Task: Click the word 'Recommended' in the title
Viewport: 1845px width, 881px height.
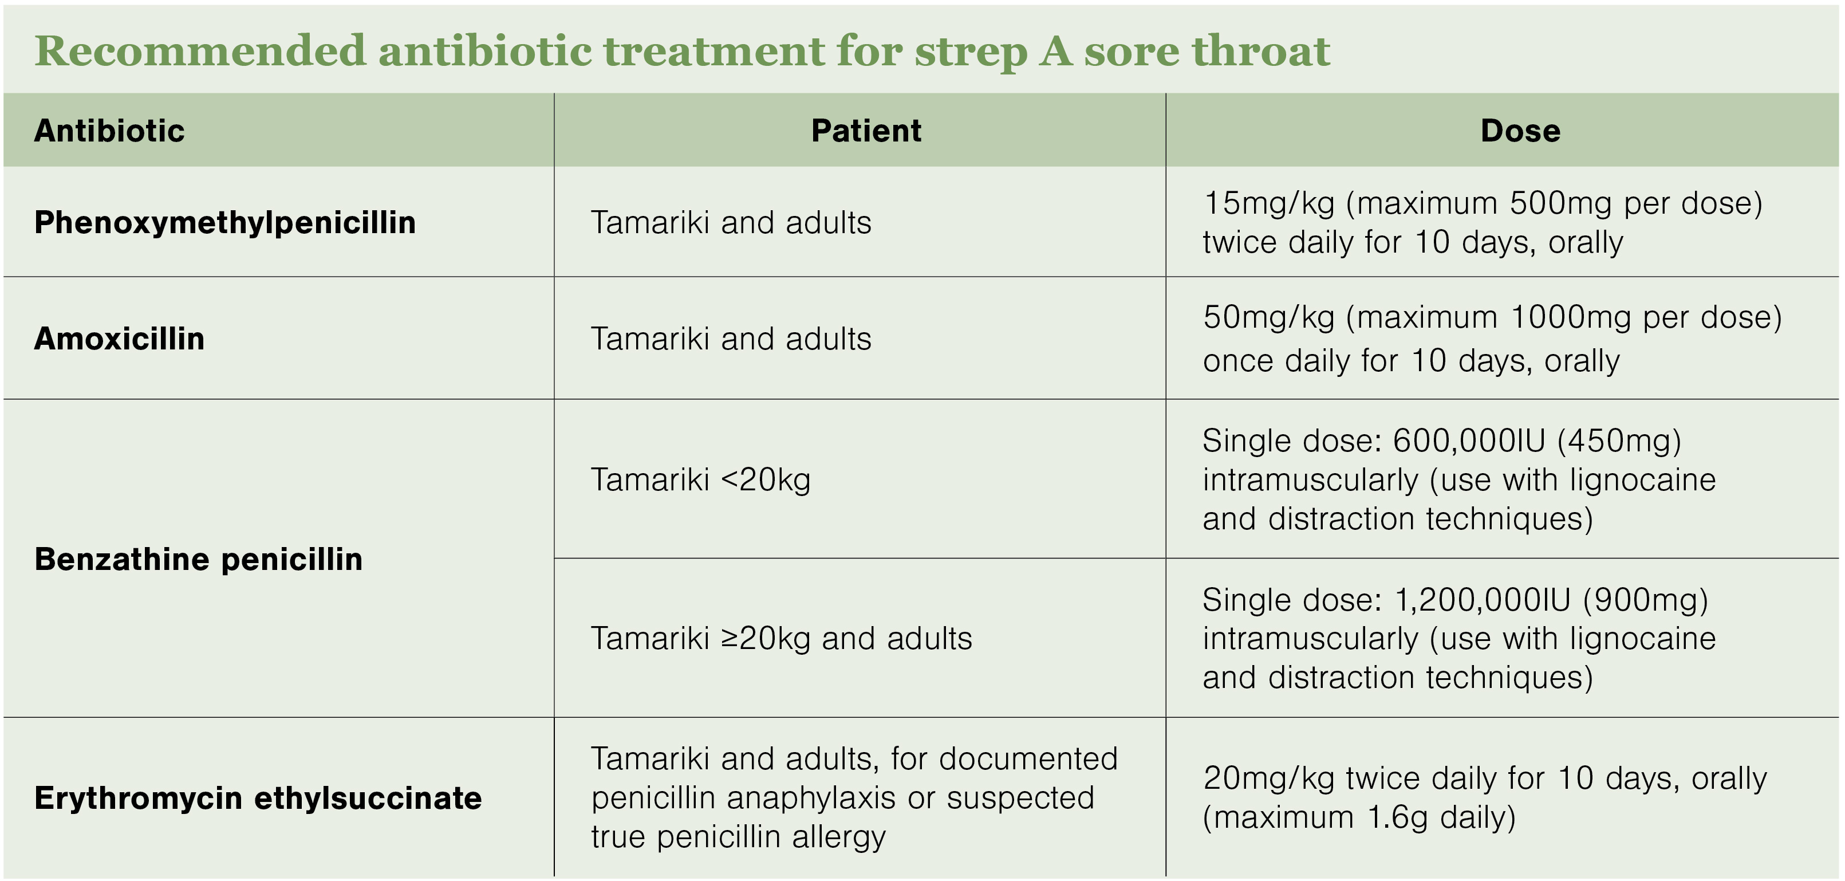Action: (x=200, y=51)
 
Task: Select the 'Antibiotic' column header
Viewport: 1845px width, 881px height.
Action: (x=109, y=131)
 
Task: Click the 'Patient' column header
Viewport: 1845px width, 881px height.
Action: (x=866, y=131)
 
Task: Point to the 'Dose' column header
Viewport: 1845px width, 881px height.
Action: (x=1520, y=131)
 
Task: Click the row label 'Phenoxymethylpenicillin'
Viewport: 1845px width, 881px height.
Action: (x=225, y=223)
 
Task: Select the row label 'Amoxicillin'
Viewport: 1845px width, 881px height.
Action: (x=120, y=339)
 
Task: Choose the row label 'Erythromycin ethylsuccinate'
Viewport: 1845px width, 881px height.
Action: (x=258, y=798)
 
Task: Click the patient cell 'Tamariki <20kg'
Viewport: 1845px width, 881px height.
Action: (x=700, y=480)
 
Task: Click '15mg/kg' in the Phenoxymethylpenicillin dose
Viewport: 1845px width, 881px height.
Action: (x=1269, y=203)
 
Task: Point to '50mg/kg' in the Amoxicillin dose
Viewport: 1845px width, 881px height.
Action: (x=1269, y=317)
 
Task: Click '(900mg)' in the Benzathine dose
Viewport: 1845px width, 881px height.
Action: (x=1645, y=600)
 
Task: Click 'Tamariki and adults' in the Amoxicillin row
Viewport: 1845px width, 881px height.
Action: (x=731, y=339)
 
